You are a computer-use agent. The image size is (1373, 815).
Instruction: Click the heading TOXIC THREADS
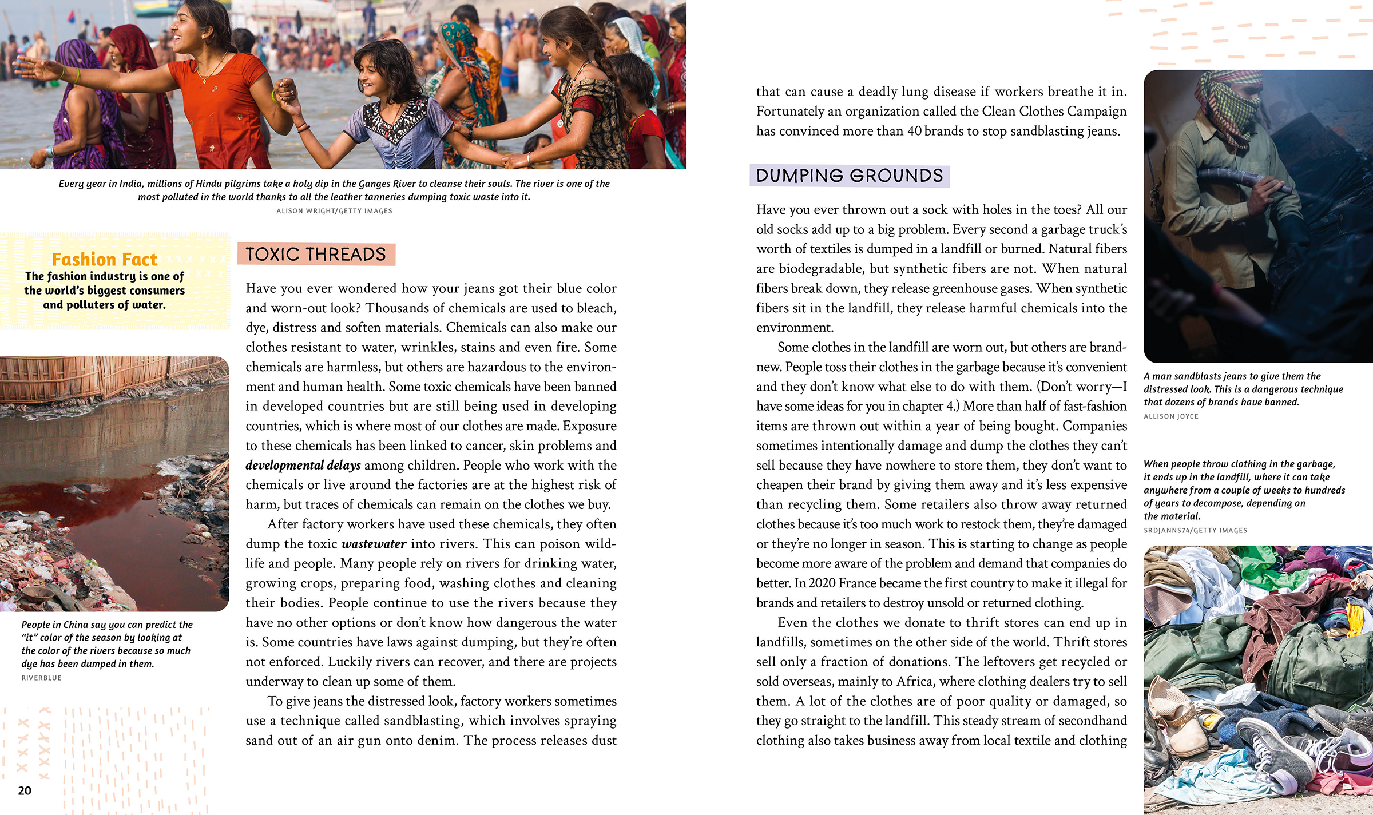[316, 254]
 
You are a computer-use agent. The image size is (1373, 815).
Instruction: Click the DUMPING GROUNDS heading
[849, 176]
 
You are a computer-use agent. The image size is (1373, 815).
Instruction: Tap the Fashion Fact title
[104, 259]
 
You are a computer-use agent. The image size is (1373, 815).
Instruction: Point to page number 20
[25, 790]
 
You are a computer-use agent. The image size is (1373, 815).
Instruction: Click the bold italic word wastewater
[374, 544]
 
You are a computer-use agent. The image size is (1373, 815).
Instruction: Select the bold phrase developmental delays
[303, 466]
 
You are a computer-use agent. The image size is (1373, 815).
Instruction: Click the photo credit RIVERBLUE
[41, 678]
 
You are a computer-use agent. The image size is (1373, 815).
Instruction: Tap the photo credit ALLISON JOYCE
[1170, 416]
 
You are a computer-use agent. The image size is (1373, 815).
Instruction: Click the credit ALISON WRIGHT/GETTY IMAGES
[334, 211]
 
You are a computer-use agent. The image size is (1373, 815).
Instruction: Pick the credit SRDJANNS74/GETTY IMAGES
[1195, 531]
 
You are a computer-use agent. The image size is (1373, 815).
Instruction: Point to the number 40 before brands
[914, 131]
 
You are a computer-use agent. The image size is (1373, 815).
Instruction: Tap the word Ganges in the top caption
[375, 184]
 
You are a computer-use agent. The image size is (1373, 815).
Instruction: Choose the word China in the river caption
[76, 625]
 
